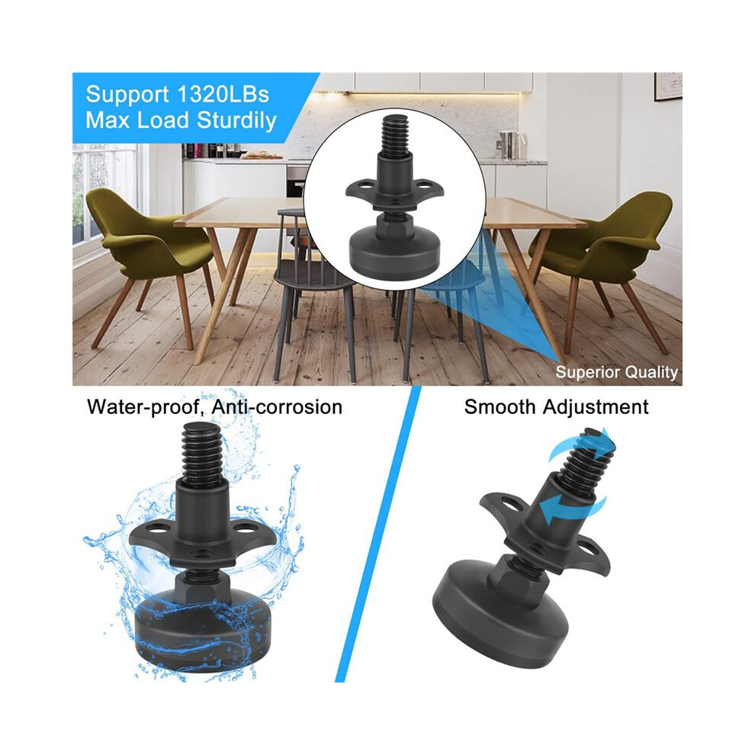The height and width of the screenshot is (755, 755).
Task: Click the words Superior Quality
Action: (x=616, y=372)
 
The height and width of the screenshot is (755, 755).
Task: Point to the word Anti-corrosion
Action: (x=277, y=407)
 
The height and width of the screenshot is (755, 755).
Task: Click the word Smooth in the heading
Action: (x=500, y=407)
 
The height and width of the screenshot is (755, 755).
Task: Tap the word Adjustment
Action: (x=596, y=407)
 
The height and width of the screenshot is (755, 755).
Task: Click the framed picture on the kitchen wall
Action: (x=668, y=87)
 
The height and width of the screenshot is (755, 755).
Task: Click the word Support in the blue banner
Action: (x=127, y=95)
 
